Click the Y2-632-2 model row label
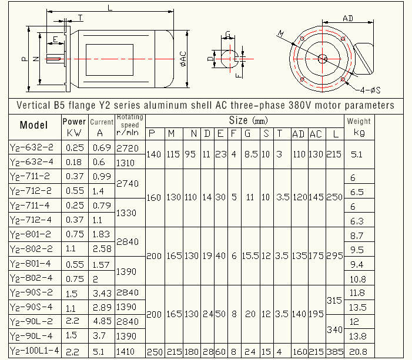coord(33,147)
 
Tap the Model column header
coord(34,125)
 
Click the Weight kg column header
coord(359,127)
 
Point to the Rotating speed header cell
coord(130,125)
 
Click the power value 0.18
coord(75,162)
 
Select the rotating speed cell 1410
coord(129,351)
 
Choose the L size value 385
coord(335,351)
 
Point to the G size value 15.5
coord(250,256)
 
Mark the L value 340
coord(335,329)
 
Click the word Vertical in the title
coord(36,106)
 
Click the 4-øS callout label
coord(370,89)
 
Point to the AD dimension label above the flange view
coord(348,18)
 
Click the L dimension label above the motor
coord(110,7)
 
